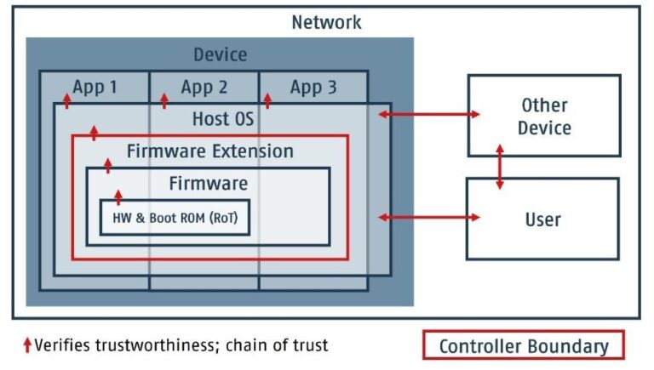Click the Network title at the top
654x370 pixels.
coord(326,22)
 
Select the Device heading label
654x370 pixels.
coord(220,55)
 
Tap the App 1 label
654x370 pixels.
coord(95,87)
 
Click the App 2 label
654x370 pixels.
coord(204,87)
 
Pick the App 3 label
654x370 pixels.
coord(313,87)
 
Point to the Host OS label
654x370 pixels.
coord(222,119)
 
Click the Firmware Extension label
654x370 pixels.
coord(209,151)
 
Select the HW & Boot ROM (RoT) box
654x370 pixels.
coord(175,217)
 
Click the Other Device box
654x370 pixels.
coord(543,117)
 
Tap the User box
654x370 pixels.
coord(542,219)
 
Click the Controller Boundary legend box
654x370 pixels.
coord(524,345)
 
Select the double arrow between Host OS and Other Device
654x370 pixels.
coord(429,113)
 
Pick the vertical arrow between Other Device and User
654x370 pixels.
coord(500,167)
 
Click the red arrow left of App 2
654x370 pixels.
coord(163,101)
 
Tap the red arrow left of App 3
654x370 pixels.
coord(267,101)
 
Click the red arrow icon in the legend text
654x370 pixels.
coord(27,345)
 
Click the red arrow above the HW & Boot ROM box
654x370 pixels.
coord(118,196)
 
